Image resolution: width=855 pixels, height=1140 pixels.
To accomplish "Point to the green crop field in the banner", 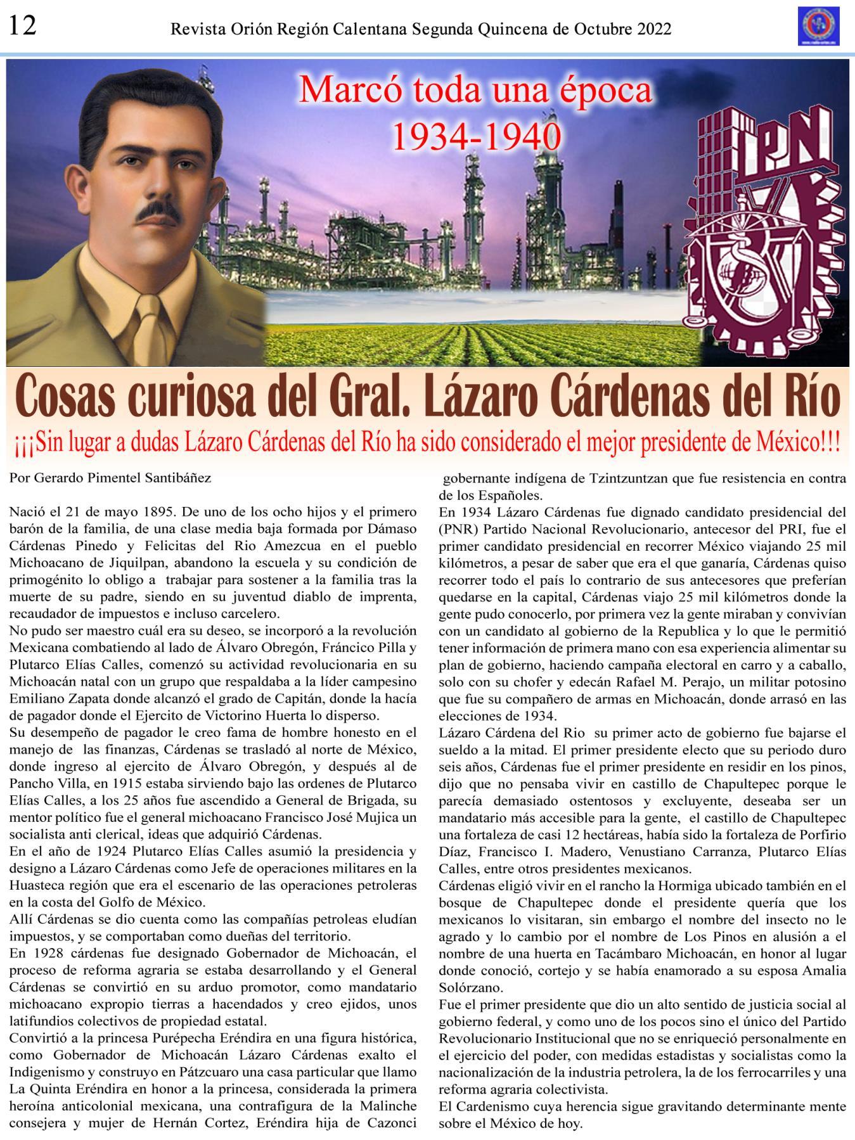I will [482, 342].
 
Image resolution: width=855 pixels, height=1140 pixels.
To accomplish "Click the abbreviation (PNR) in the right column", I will [458, 528].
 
